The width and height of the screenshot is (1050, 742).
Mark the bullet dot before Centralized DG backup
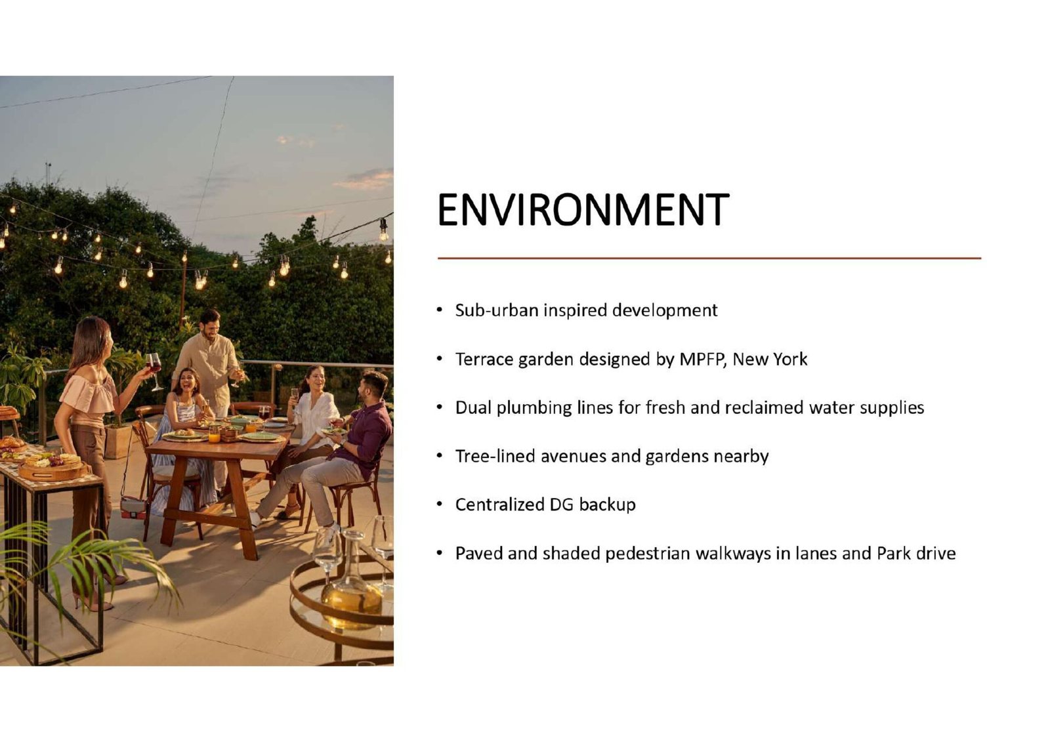(x=439, y=505)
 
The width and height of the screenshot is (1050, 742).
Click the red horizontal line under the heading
(x=709, y=258)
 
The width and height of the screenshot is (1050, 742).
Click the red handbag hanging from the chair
(x=133, y=507)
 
